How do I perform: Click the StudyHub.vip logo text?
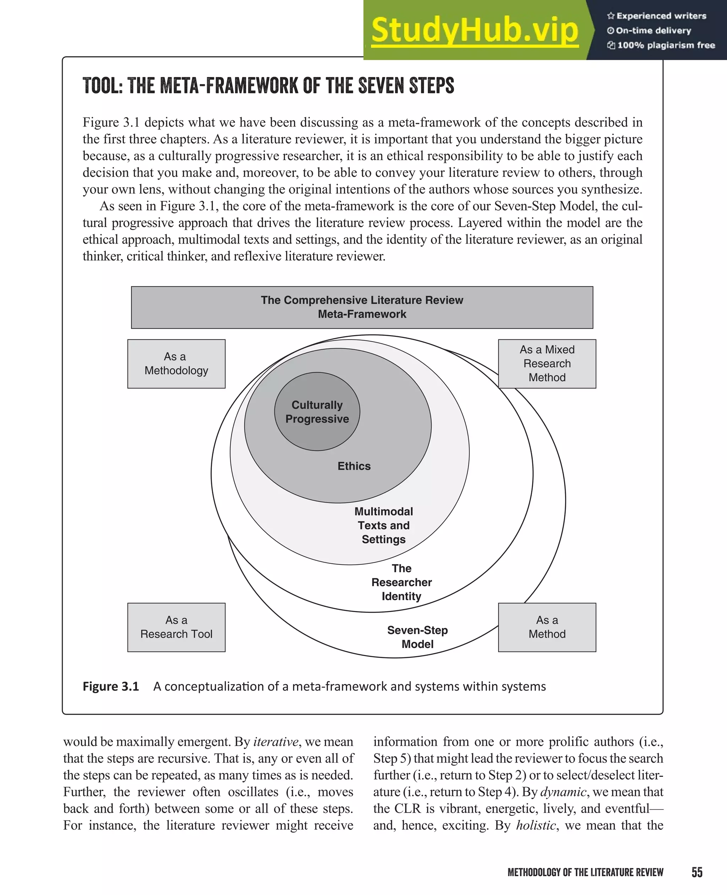(475, 30)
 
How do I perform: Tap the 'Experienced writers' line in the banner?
(657, 16)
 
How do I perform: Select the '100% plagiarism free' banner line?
(661, 45)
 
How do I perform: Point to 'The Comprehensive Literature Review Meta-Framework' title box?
(362, 307)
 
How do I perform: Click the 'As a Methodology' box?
(176, 364)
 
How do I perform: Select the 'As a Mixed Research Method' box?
(547, 364)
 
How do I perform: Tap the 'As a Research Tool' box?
(176, 627)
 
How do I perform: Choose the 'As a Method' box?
(547, 627)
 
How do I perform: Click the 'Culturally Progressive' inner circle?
(317, 412)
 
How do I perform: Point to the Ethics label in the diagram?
(354, 466)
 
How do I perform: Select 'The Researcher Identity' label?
(401, 582)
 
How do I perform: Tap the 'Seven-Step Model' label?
(417, 637)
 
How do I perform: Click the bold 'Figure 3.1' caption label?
(110, 687)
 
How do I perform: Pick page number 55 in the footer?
(697, 872)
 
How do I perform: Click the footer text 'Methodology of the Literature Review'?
(585, 872)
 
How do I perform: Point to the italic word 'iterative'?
(275, 742)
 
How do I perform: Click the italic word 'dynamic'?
(563, 792)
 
